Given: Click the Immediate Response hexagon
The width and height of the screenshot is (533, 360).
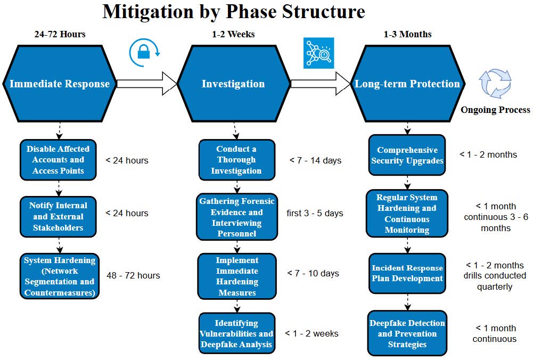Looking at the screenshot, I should click(59, 84).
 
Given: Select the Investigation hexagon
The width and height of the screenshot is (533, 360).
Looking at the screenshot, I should click(233, 84).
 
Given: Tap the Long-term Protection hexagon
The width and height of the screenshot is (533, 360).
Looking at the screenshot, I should click(407, 84).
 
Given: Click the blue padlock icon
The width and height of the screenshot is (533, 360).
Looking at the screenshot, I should click(144, 53).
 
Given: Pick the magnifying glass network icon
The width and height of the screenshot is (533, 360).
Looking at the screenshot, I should click(318, 53).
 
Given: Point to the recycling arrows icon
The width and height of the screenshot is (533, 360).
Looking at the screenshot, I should click(495, 84).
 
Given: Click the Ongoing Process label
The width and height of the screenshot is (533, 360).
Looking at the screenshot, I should click(495, 110).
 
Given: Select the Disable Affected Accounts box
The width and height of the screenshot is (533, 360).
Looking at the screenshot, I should click(59, 160).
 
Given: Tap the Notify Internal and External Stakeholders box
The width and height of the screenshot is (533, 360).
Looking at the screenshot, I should click(59, 216).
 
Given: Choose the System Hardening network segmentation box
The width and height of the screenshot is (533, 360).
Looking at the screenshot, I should click(60, 276).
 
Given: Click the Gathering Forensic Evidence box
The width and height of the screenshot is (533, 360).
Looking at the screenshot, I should click(237, 217).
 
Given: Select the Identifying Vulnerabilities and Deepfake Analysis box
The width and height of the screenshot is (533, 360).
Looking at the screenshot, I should click(237, 334).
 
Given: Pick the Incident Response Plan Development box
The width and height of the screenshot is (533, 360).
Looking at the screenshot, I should click(407, 273).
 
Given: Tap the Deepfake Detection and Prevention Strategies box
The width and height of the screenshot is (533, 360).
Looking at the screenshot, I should click(407, 334).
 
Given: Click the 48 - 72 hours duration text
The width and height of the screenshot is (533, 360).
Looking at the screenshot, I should click(134, 275).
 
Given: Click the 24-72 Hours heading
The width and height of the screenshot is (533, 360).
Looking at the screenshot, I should click(60, 34).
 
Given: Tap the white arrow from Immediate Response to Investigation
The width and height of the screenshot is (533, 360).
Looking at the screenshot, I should click(146, 83).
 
